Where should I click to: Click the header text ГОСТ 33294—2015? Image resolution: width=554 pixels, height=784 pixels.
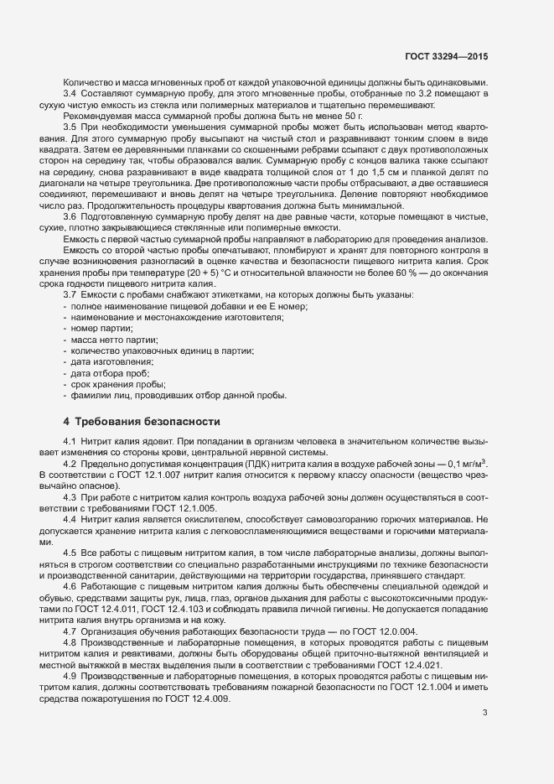coord(446,56)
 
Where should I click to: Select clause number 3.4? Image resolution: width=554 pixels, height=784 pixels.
coord(70,94)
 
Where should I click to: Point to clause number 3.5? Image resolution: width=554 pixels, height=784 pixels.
coord(70,126)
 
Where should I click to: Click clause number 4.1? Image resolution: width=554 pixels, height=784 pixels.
coord(70,441)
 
